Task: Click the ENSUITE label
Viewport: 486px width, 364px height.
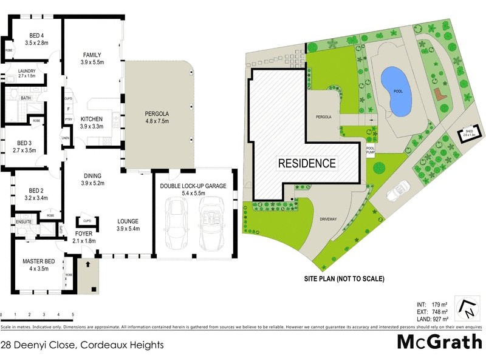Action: coord(24,223)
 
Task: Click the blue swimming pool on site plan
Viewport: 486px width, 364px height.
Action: coord(395,92)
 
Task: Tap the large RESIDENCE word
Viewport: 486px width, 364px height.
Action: coord(307,163)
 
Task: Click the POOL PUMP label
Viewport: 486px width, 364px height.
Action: coord(371,150)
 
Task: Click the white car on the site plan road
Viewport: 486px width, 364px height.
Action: coord(400,190)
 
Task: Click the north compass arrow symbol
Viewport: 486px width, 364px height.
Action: coord(469,309)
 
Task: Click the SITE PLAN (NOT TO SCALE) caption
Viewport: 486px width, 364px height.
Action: coord(344,280)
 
